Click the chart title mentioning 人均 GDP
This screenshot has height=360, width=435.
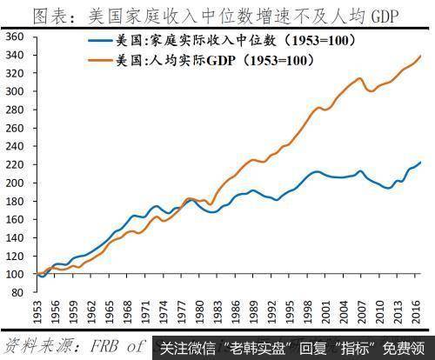pos(217,14)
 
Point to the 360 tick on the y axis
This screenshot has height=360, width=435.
pos(15,37)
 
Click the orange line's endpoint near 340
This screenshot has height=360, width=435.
pos(421,56)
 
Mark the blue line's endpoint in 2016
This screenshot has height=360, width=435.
pos(421,163)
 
